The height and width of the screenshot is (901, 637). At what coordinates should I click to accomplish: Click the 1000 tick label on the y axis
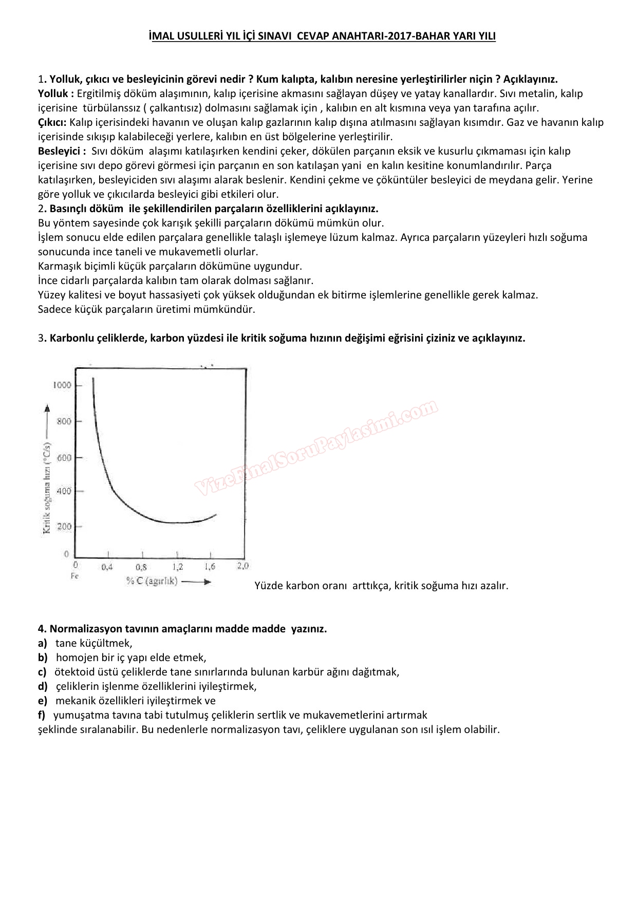(x=62, y=385)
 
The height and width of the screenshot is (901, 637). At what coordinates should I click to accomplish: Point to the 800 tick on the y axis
(x=64, y=422)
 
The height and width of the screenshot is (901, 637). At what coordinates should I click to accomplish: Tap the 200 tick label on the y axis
(x=64, y=527)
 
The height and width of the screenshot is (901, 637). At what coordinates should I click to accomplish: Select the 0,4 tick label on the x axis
(x=107, y=567)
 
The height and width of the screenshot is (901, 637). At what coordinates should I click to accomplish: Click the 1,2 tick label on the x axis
(x=177, y=567)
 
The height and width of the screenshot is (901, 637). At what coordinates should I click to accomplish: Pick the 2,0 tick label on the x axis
(x=242, y=566)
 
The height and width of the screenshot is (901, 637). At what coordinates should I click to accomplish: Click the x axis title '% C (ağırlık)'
(x=152, y=581)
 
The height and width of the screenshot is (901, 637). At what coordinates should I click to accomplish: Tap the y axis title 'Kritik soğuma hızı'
(x=47, y=483)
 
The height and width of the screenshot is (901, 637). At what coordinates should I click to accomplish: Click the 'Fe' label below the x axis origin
(x=74, y=576)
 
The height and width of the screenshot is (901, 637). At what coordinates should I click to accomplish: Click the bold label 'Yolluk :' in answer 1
(x=56, y=93)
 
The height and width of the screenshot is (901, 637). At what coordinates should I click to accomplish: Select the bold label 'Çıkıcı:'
(x=52, y=122)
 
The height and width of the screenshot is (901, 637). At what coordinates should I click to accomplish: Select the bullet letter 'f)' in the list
(x=42, y=715)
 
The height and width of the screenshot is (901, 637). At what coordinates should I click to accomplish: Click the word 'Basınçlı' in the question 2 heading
(x=69, y=209)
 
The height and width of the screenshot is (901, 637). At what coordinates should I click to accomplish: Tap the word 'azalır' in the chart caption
(x=492, y=586)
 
